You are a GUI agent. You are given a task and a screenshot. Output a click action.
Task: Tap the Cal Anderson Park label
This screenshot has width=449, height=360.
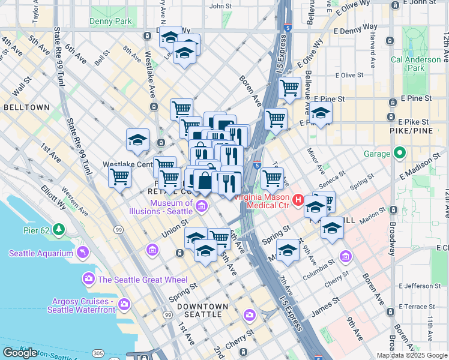[415, 64]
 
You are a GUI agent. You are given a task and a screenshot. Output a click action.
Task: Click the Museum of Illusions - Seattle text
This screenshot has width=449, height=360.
[163, 208]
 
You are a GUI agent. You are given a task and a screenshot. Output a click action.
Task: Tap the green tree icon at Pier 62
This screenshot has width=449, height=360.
[59, 229]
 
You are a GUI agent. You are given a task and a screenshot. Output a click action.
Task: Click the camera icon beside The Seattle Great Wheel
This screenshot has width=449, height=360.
[89, 279]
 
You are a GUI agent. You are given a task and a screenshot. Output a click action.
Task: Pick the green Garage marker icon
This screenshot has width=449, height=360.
[399, 154]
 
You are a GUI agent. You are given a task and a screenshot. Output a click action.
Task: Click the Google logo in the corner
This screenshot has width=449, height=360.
[20, 353]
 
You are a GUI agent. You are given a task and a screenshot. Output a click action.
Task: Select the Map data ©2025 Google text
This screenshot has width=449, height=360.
[412, 355]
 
